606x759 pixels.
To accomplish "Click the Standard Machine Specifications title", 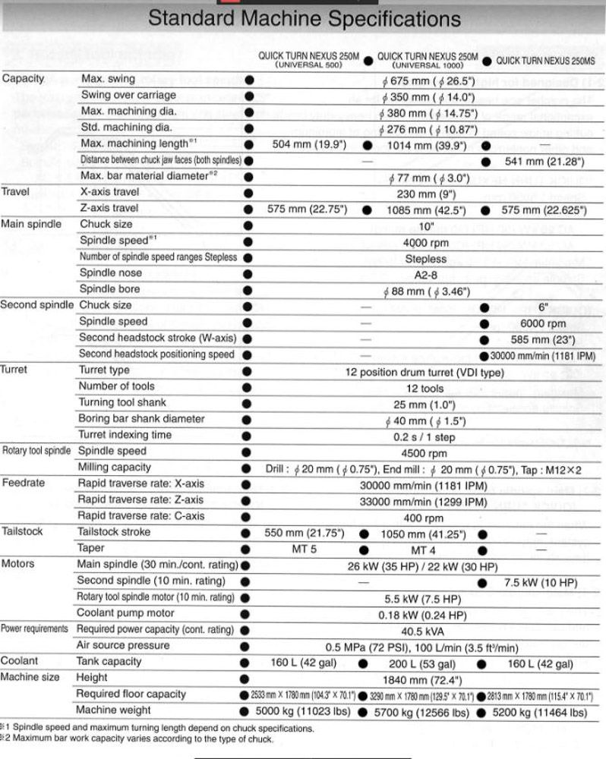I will coord(303,18).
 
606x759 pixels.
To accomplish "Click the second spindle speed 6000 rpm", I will coord(544,322).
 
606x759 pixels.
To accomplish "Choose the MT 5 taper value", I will coord(304,549).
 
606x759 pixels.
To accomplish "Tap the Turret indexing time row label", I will coord(125,435).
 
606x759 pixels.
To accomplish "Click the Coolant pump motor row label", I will coord(125,613).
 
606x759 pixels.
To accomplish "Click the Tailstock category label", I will coord(22,531).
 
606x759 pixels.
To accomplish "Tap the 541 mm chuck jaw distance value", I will coord(544,161).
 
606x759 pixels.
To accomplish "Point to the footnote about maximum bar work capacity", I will coord(137,739).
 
